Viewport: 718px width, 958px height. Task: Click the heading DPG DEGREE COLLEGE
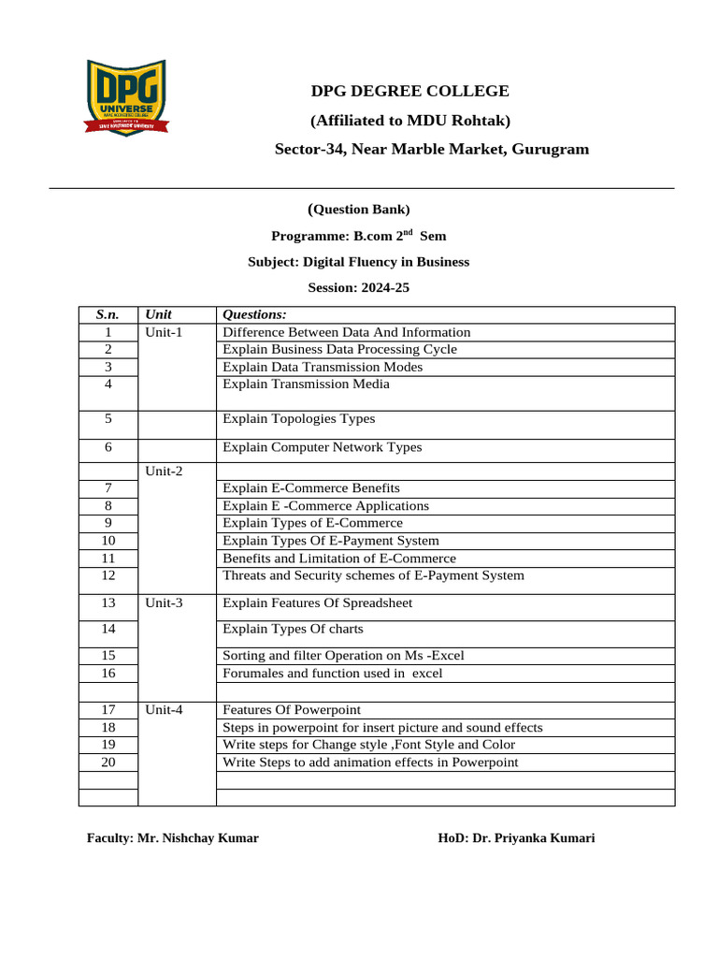point(410,91)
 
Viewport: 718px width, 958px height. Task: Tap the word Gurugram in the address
point(551,150)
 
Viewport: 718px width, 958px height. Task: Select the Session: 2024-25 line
point(358,288)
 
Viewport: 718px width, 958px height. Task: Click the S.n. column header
point(108,315)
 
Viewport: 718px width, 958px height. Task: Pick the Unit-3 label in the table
point(164,603)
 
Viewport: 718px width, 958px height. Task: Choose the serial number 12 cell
point(108,575)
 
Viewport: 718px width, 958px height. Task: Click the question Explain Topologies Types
point(298,419)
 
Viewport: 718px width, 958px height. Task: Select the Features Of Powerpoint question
point(292,710)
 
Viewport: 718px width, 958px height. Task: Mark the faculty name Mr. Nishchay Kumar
point(198,838)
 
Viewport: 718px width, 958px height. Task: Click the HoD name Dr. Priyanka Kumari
point(533,838)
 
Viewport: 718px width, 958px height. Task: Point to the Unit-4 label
point(164,710)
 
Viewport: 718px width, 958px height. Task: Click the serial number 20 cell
point(108,762)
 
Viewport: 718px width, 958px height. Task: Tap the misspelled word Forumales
point(253,673)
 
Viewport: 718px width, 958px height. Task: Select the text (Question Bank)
point(358,210)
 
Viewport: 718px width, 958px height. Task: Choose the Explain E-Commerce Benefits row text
point(311,488)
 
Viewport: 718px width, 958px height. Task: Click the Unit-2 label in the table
point(164,472)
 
